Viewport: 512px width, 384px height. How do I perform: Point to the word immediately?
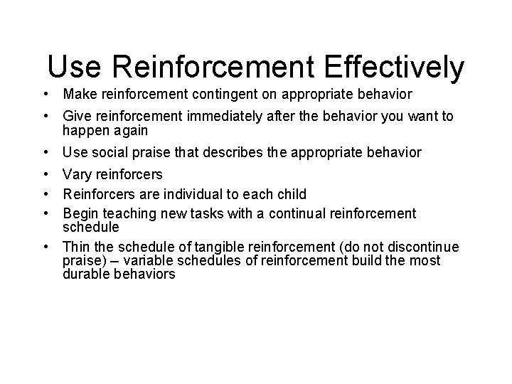tap(218, 116)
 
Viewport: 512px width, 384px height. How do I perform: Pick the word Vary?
tap(78, 174)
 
